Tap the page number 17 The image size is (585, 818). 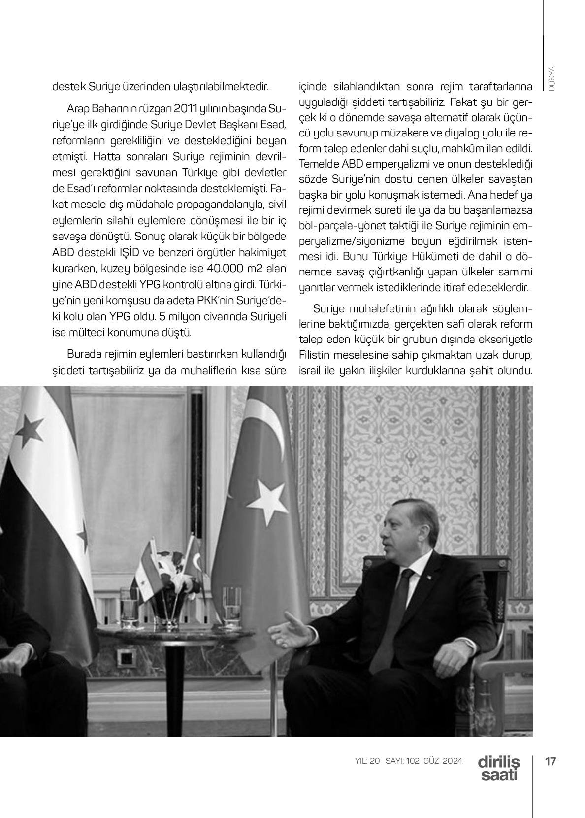(x=551, y=761)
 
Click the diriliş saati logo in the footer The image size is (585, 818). (x=498, y=768)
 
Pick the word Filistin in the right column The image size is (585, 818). (x=316, y=355)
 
